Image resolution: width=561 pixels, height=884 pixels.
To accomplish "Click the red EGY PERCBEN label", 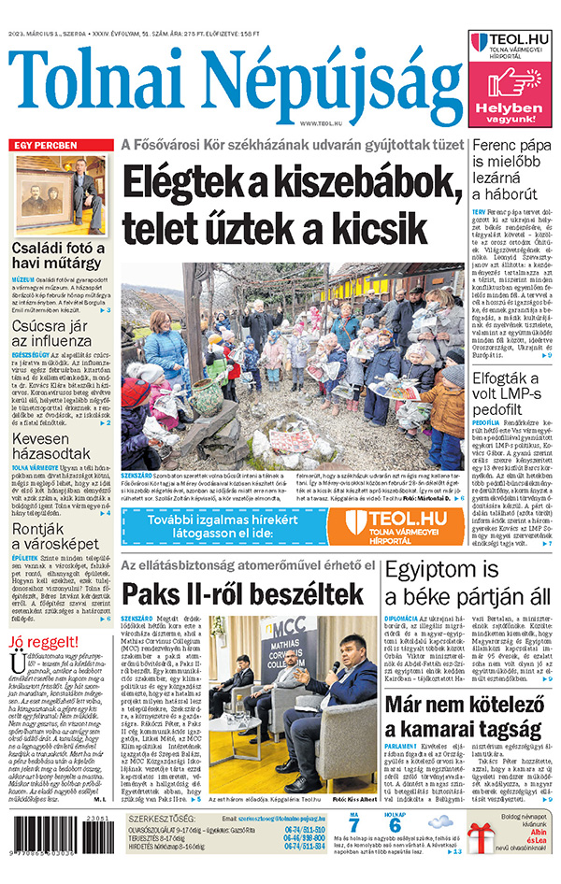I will coord(47,145).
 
